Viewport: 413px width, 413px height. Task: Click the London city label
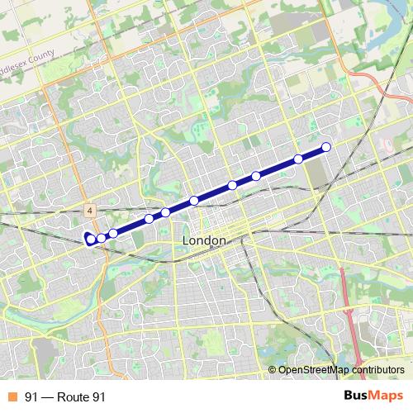[202, 240]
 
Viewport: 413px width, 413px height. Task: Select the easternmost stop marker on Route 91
[325, 147]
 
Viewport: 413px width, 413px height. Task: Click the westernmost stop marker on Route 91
[90, 240]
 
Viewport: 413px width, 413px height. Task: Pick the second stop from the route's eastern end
[298, 159]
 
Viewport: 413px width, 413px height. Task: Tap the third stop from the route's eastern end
[256, 175]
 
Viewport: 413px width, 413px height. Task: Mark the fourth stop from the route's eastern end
[233, 185]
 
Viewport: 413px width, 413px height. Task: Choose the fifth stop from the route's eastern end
[194, 201]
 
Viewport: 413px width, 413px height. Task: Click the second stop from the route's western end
[101, 238]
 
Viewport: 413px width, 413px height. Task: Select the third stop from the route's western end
[113, 234]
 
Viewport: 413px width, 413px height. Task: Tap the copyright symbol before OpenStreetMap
[273, 370]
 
